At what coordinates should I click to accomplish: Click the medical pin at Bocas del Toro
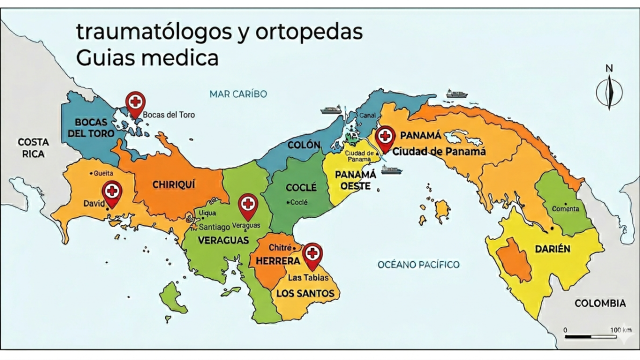tap(135, 102)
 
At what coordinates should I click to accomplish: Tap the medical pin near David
tap(112, 193)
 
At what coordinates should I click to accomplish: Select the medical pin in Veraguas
tap(246, 206)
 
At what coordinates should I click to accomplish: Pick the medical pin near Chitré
tap(312, 254)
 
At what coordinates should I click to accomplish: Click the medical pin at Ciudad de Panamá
tap(384, 138)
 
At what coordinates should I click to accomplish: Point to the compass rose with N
tap(608, 91)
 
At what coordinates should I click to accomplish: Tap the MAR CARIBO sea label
tap(238, 94)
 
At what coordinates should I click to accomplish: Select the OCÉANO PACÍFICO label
tap(418, 264)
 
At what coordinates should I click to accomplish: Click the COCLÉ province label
tap(301, 188)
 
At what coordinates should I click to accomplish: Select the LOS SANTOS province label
tap(304, 293)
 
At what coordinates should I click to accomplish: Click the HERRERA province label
tap(277, 261)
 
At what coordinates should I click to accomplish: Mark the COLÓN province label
tap(303, 145)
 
